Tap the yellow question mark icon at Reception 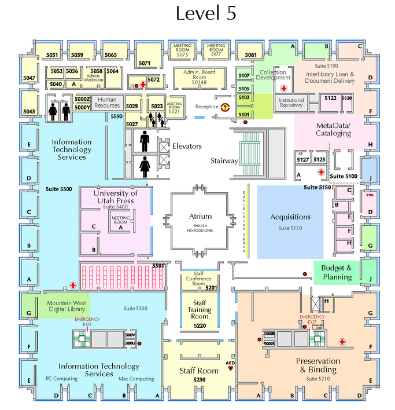225,107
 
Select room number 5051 53,55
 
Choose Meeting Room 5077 216,49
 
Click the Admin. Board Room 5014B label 199,77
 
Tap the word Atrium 200,217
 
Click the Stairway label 223,160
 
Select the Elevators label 187,147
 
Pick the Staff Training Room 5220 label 200,313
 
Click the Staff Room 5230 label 200,374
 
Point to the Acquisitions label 290,217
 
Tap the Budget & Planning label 337,272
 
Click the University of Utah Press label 115,197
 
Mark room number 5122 330,98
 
